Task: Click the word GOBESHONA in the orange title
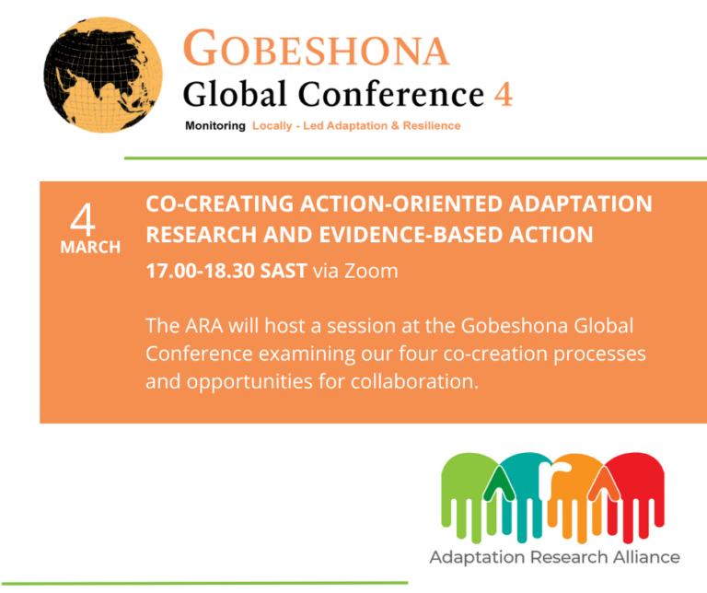click(317, 49)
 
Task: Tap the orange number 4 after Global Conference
click(503, 94)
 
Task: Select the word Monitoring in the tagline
click(215, 126)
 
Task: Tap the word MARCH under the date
click(90, 248)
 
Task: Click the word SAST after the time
click(285, 271)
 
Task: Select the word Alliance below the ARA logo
click(645, 557)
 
